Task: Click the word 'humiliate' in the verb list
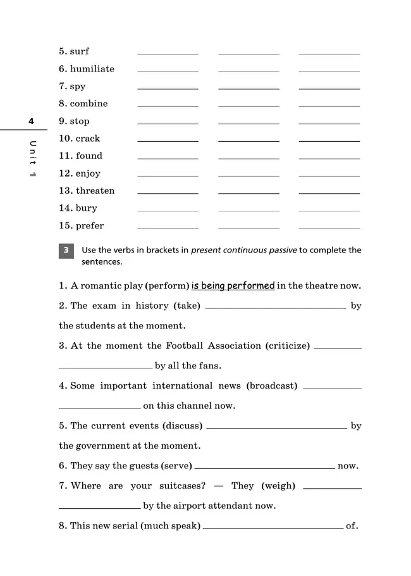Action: point(92,69)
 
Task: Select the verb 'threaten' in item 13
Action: point(95,191)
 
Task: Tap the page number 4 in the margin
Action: point(30,121)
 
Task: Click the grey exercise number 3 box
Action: point(66,251)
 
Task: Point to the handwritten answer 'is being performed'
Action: point(233,285)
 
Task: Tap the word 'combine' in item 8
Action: point(89,104)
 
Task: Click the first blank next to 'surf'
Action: point(168,53)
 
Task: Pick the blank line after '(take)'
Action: point(276,307)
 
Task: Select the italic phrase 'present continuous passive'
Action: point(243,250)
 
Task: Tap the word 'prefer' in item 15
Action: point(90,225)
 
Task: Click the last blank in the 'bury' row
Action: point(329,210)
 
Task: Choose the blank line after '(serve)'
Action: point(265,467)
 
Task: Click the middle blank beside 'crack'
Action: point(248,140)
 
